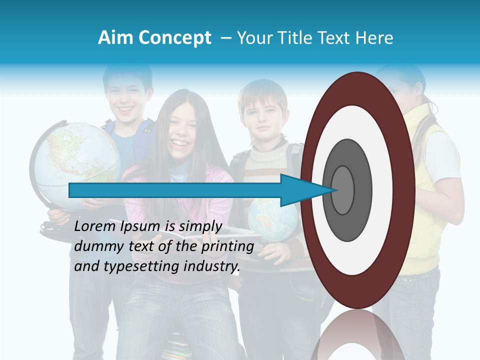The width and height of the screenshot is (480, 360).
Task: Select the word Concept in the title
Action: [x=175, y=38]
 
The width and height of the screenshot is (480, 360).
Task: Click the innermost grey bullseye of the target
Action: [x=342, y=190]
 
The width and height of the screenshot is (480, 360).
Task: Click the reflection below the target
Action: [x=357, y=335]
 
